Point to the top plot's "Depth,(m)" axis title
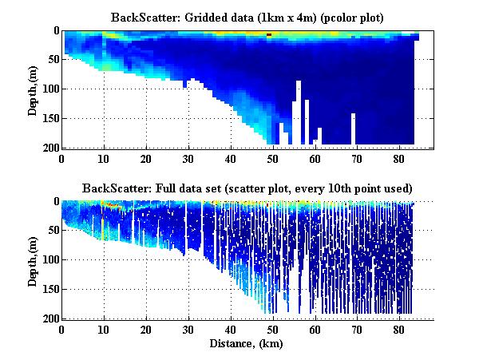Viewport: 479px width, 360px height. [x=33, y=89]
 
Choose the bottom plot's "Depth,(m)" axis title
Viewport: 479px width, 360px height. [x=33, y=260]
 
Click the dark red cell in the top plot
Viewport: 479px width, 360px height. [x=270, y=35]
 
